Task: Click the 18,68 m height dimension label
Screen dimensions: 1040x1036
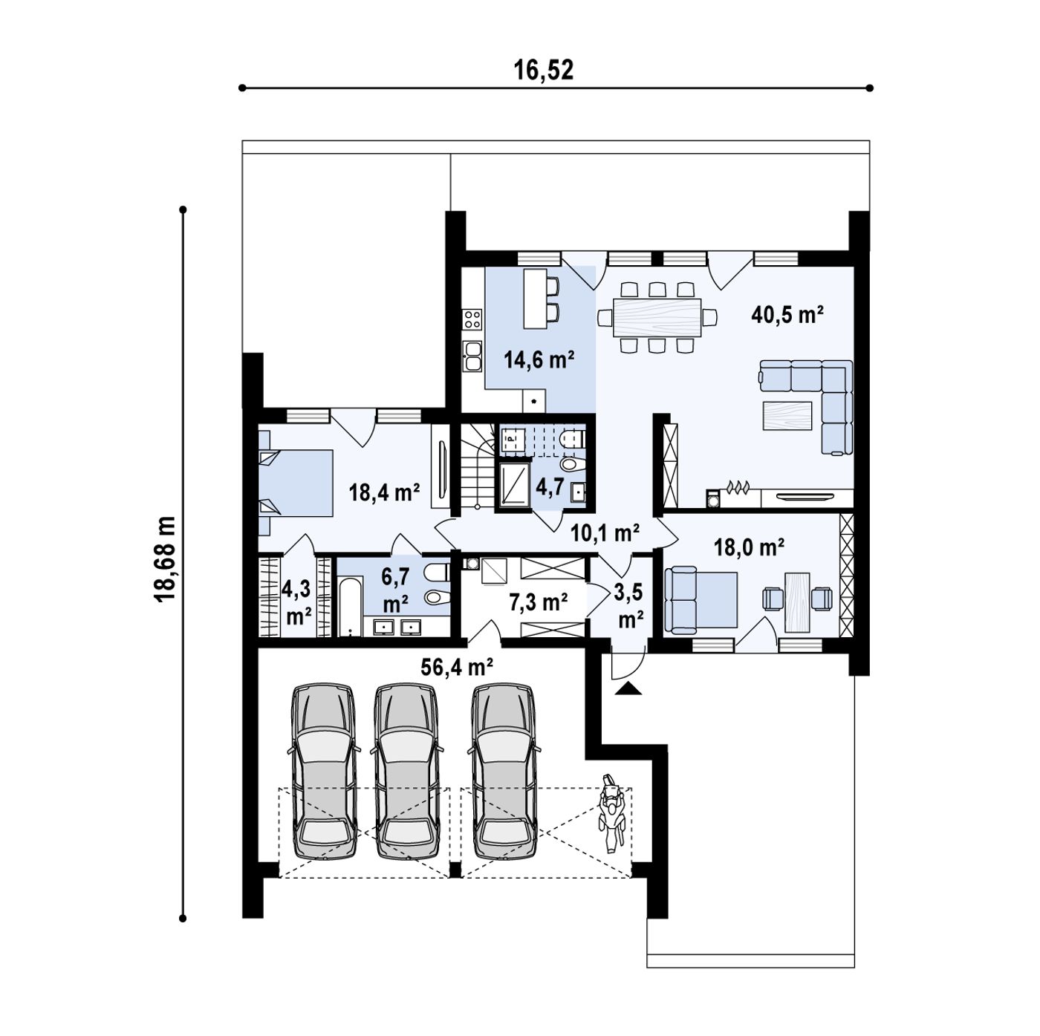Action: coord(165,558)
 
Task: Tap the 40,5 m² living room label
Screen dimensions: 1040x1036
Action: coord(787,314)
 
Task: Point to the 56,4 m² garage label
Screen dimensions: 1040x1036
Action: coord(457,667)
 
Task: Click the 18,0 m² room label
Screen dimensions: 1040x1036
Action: coord(749,547)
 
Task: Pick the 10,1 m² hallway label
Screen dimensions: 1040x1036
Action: coord(605,533)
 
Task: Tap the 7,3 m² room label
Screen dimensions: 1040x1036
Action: coord(538,601)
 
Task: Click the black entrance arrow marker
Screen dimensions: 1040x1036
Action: coord(627,688)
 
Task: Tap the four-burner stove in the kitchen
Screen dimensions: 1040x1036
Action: coord(472,319)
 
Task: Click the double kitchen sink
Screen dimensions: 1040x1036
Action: coord(472,356)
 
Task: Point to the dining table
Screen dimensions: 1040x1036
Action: coord(657,317)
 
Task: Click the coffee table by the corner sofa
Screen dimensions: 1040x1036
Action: coord(787,415)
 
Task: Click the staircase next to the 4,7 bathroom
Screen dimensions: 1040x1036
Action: coord(478,466)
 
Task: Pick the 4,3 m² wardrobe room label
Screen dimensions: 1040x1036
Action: coord(296,602)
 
